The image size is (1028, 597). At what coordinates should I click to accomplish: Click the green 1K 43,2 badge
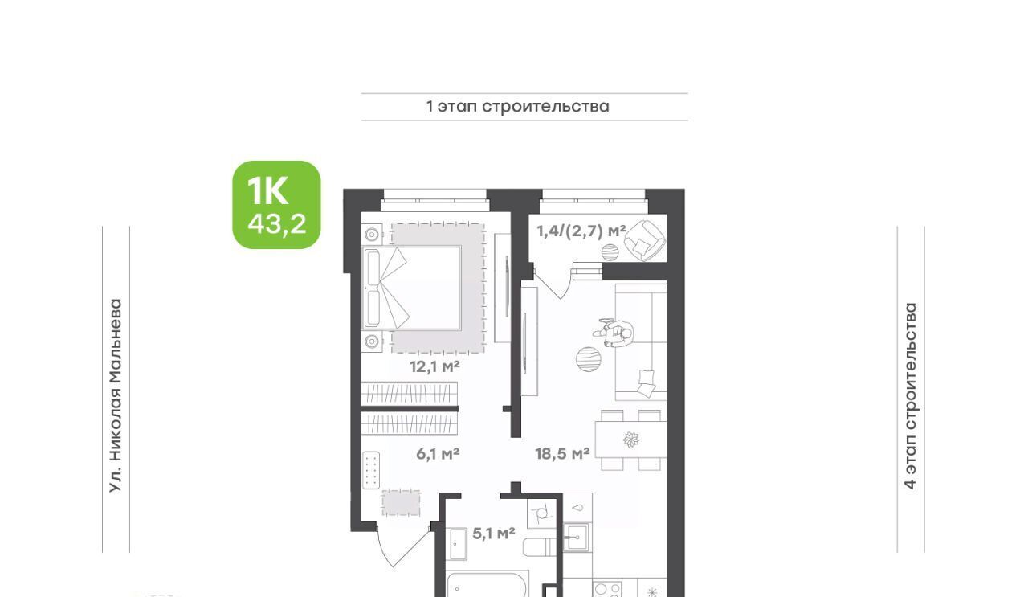(276, 205)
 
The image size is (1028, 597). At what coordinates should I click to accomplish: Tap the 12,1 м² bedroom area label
(434, 367)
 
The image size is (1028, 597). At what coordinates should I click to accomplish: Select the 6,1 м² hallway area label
(438, 454)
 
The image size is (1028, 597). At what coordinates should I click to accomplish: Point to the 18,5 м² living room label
(562, 454)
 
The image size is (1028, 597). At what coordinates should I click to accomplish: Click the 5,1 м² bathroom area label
(493, 534)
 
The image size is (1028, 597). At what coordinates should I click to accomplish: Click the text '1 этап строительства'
(518, 107)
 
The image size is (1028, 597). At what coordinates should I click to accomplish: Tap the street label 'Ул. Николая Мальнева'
(116, 396)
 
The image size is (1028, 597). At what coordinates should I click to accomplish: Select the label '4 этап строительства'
(910, 396)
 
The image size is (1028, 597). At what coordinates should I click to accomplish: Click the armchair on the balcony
(647, 240)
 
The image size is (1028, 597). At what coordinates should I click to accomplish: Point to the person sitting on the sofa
(615, 333)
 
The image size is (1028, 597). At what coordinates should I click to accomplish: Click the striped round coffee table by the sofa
(589, 358)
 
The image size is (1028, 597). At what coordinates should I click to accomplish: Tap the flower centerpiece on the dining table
(631, 440)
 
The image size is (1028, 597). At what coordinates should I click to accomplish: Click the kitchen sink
(576, 537)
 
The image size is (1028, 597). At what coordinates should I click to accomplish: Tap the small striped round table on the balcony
(610, 252)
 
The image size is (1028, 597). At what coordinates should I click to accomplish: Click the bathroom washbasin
(458, 544)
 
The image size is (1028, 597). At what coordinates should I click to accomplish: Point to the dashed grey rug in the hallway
(401, 503)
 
